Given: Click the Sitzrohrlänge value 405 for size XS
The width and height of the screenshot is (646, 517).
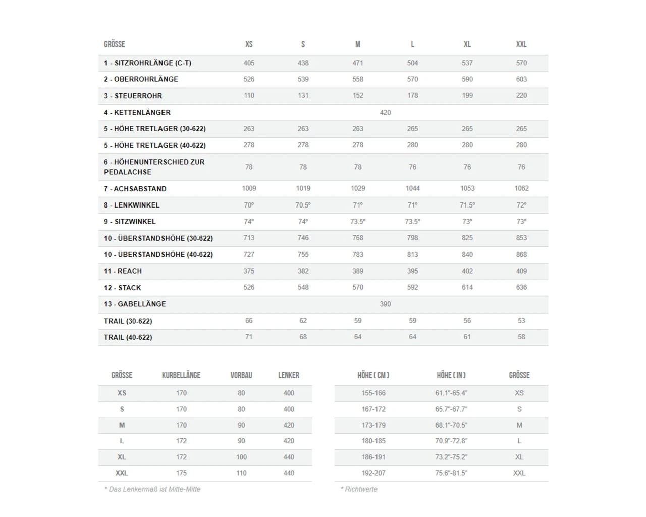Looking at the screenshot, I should click(249, 63).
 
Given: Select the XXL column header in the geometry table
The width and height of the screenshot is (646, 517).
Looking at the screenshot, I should click(521, 44).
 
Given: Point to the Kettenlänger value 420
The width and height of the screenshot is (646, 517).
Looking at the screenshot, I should click(385, 113).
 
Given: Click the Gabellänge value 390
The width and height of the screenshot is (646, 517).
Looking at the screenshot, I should click(385, 304).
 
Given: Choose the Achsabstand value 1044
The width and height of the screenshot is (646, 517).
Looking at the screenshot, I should click(412, 188).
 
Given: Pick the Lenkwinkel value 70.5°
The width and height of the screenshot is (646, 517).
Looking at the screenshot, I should click(303, 205).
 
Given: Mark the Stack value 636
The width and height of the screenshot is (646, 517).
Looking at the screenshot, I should click(521, 287).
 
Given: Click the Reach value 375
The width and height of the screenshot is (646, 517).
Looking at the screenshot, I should click(249, 271).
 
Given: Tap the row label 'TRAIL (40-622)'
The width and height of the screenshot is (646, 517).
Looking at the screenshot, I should click(128, 337).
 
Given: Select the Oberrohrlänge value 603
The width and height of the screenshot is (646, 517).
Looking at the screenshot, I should click(521, 79).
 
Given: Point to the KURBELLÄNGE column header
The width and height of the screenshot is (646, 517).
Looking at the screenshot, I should click(181, 375).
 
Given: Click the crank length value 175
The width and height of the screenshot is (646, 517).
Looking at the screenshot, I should click(181, 473).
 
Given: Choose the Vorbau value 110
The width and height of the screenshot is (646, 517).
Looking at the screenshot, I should click(241, 473).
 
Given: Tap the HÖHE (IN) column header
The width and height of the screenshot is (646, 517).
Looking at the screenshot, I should click(451, 375).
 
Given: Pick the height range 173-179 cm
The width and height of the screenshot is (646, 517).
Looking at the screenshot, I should click(373, 425).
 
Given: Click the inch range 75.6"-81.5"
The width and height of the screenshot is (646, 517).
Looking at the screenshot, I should click(451, 473).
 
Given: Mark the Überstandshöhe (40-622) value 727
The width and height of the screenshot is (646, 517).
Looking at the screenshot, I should click(249, 255).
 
